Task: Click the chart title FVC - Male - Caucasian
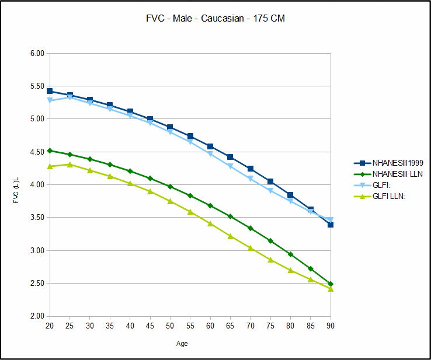[x=215, y=19]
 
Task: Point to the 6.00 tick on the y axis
[x=37, y=53]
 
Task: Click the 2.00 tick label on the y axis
[x=37, y=316]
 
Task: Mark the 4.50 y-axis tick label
[x=37, y=152]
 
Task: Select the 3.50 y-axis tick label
[x=37, y=218]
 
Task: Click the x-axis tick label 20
[x=50, y=325]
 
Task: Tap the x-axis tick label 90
[x=331, y=325]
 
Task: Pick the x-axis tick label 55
[x=190, y=325]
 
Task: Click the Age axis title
[x=182, y=344]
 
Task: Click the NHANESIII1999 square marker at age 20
[x=50, y=91]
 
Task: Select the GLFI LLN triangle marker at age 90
[x=331, y=288]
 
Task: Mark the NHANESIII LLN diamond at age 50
[x=170, y=187]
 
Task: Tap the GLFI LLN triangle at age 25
[x=69, y=165]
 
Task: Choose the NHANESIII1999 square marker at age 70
[x=251, y=169]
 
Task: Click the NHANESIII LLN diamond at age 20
[x=50, y=151]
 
